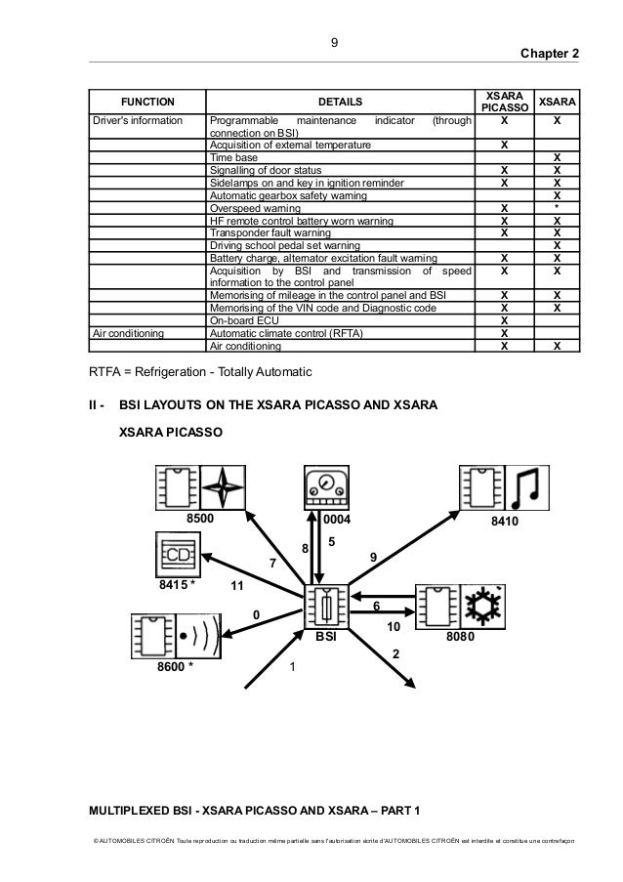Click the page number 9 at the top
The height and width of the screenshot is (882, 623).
334,42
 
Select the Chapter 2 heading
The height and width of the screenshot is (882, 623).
551,54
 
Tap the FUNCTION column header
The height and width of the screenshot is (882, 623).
147,101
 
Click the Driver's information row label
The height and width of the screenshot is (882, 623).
138,121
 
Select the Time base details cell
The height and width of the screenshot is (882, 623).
234,157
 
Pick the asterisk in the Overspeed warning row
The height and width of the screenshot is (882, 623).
557,208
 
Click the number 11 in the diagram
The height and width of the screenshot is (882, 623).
236,586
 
